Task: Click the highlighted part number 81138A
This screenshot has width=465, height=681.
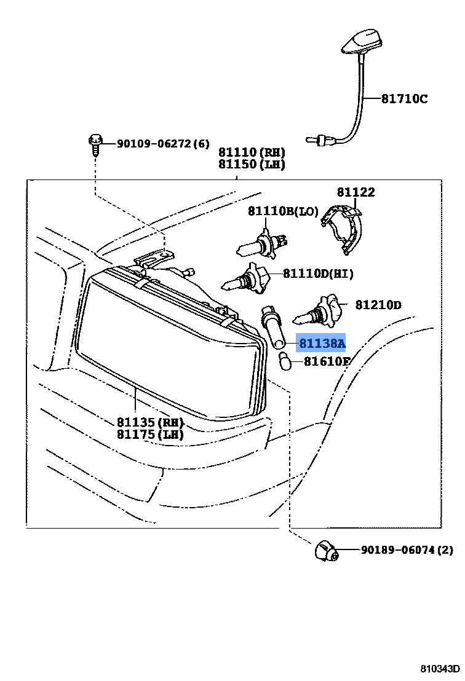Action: coord(322,344)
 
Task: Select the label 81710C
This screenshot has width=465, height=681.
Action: coord(403,99)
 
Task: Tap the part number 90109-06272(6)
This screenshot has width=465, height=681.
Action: coord(154,144)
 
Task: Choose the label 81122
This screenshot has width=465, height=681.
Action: coord(356,192)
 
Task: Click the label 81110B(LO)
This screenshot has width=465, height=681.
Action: coord(283,211)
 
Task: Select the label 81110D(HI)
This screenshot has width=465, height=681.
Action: coord(318,274)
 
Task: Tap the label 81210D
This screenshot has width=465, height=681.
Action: coord(378,305)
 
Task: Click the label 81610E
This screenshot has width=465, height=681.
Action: coord(325,361)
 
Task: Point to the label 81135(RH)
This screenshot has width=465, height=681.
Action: coord(151,422)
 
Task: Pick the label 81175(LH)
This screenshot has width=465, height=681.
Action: coord(151,435)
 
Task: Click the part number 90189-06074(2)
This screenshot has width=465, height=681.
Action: coord(407,550)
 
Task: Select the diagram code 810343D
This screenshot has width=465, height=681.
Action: coord(440,669)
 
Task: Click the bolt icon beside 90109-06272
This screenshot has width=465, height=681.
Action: coord(95,144)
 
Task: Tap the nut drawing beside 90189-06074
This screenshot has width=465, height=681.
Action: coord(326,551)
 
